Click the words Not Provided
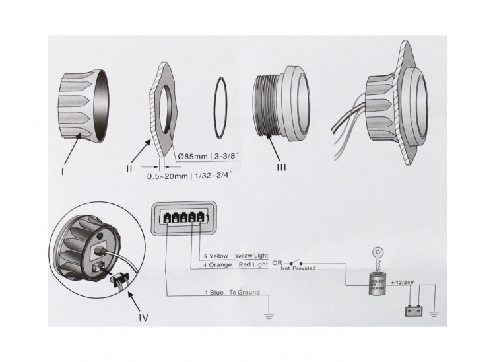298,268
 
